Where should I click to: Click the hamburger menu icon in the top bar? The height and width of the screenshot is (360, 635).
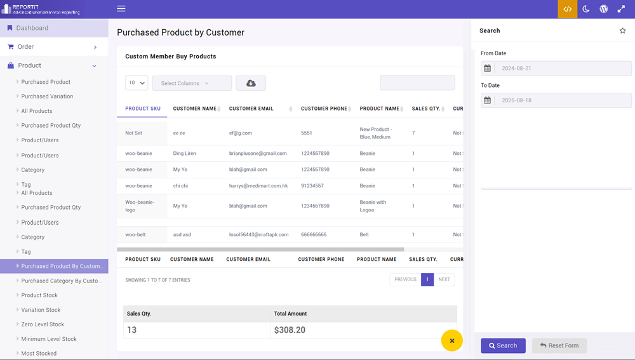tap(121, 9)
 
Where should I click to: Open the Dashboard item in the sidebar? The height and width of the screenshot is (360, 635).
tap(32, 28)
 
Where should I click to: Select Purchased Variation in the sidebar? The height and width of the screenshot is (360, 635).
tap(47, 97)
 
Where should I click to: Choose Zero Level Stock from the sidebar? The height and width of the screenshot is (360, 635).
tap(43, 324)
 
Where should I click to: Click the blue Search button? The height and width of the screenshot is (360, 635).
tap(503, 345)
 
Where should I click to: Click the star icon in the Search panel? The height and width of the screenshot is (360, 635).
tap(622, 30)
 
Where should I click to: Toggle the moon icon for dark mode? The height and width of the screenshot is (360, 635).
tap(586, 9)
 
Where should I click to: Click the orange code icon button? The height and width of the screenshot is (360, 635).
tap(568, 9)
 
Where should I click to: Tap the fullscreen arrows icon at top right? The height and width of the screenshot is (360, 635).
tap(621, 9)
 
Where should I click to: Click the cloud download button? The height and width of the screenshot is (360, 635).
tap(251, 83)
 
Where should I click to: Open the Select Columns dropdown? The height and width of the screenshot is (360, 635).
tap(192, 83)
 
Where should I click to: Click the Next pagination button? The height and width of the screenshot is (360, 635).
tap(444, 279)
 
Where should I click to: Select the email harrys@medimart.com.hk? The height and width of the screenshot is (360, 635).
tap(258, 186)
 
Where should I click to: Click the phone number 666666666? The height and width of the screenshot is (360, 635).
tap(314, 235)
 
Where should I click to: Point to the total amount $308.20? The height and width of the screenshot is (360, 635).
tap(290, 330)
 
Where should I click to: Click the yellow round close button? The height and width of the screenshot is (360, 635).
tap(451, 341)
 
